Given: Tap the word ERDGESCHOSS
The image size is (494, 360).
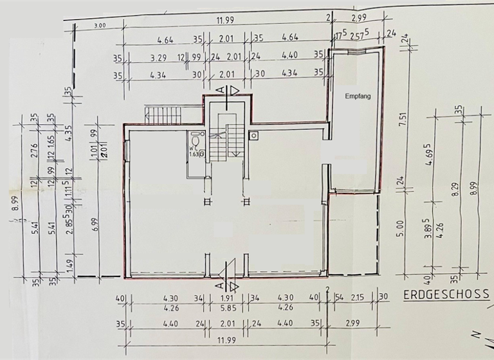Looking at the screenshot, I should (x=446, y=294).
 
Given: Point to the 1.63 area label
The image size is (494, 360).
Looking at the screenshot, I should (x=194, y=153).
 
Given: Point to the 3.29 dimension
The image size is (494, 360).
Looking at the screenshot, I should (x=158, y=58).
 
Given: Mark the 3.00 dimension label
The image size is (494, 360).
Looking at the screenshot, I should (x=99, y=26).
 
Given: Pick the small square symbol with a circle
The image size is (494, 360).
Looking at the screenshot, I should (x=255, y=136).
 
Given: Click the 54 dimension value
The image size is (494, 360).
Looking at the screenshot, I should (x=338, y=298).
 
